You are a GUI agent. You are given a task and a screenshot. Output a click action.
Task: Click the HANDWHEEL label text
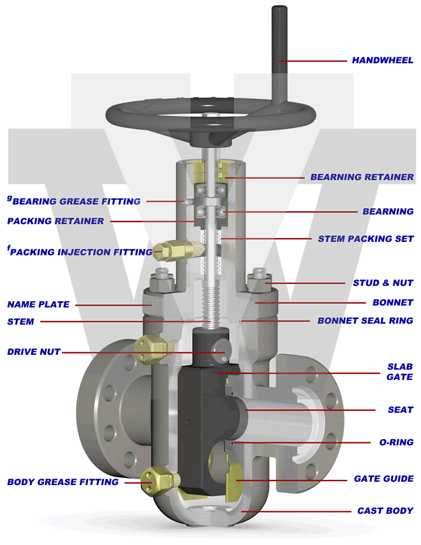click(x=382, y=61)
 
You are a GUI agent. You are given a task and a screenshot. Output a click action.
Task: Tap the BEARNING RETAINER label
click(x=362, y=177)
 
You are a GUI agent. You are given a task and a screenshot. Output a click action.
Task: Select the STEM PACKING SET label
click(x=366, y=239)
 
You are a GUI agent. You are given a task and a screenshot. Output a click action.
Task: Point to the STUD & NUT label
click(x=383, y=283)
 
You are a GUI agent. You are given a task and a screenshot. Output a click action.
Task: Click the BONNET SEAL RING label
click(x=365, y=320)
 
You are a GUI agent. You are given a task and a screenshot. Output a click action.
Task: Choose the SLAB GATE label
click(x=400, y=372)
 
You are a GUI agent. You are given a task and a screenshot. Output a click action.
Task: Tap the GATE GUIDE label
click(x=383, y=479)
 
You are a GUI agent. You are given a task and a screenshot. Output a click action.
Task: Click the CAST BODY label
click(x=385, y=511)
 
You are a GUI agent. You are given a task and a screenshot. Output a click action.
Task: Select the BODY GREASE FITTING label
click(x=63, y=482)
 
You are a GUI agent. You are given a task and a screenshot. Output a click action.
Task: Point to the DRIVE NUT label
click(x=33, y=352)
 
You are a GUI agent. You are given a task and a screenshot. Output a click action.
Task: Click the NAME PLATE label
click(x=38, y=304)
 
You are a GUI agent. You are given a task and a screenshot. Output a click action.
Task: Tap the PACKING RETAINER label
click(x=55, y=221)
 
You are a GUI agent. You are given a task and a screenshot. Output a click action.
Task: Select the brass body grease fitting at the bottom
click(x=157, y=479)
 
